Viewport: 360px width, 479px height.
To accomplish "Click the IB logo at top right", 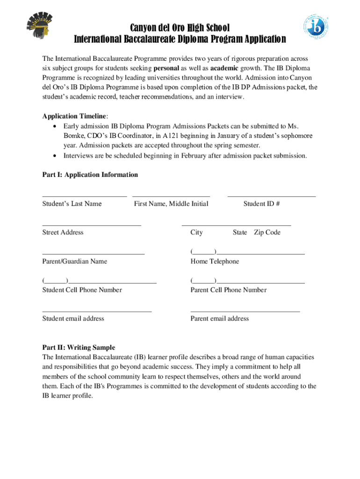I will click(318, 27).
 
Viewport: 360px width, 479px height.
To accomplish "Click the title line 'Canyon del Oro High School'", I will click(180, 28).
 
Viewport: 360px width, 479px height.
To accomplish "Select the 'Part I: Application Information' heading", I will click(90, 174).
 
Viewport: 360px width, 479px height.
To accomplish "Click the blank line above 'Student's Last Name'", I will click(84, 196).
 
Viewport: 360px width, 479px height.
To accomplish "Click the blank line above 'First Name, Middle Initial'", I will click(171, 196).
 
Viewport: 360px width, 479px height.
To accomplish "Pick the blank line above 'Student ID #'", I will click(271, 196).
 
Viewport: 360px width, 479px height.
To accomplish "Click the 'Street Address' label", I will click(63, 232).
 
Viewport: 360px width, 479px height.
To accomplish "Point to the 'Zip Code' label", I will click(267, 232).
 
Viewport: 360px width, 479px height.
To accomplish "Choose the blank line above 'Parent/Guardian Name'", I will click(93, 254).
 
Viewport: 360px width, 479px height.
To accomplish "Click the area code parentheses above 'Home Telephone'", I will click(203, 252).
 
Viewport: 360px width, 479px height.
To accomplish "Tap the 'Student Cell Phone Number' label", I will click(82, 290).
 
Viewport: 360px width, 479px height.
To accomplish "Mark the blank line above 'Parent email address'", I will click(245, 311).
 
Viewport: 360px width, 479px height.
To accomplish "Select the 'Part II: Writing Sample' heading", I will click(79, 348).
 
